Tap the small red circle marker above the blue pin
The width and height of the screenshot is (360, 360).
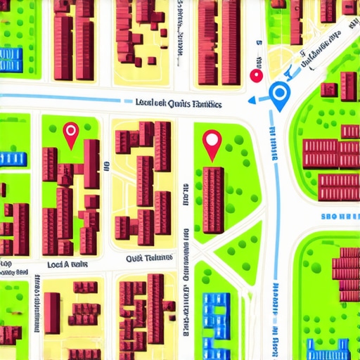257,75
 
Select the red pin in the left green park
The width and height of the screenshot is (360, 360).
70,133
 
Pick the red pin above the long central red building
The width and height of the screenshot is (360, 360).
211,143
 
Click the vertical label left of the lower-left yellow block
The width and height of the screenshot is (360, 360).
34,309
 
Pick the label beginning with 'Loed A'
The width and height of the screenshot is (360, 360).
67,265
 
